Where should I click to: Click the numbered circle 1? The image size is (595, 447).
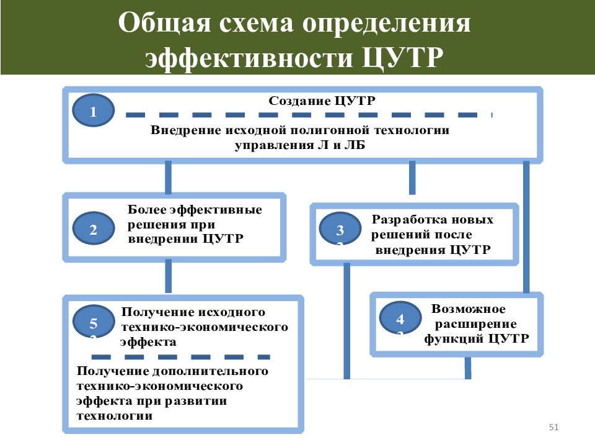pos(94,111)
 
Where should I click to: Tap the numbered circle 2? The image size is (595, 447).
pos(94,228)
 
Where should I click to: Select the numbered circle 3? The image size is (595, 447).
pos(340,228)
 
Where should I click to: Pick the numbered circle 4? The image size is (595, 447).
pos(400,317)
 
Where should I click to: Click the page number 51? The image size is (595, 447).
pos(553,427)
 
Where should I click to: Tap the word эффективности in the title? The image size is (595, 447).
pos(249,57)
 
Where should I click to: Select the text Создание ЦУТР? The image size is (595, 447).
pos(322,101)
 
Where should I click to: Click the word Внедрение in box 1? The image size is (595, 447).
pos(186,130)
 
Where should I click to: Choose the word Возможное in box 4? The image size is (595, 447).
pos(469,309)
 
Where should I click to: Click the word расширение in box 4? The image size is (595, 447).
pos(475,324)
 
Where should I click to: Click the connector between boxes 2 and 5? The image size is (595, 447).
pos(168,277)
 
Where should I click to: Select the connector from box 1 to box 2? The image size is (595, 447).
pos(168,177)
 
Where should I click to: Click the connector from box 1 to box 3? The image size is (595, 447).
pos(412,178)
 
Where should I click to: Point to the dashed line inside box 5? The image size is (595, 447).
pos(180,357)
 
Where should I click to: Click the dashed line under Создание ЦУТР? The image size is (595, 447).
pos(309,115)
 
